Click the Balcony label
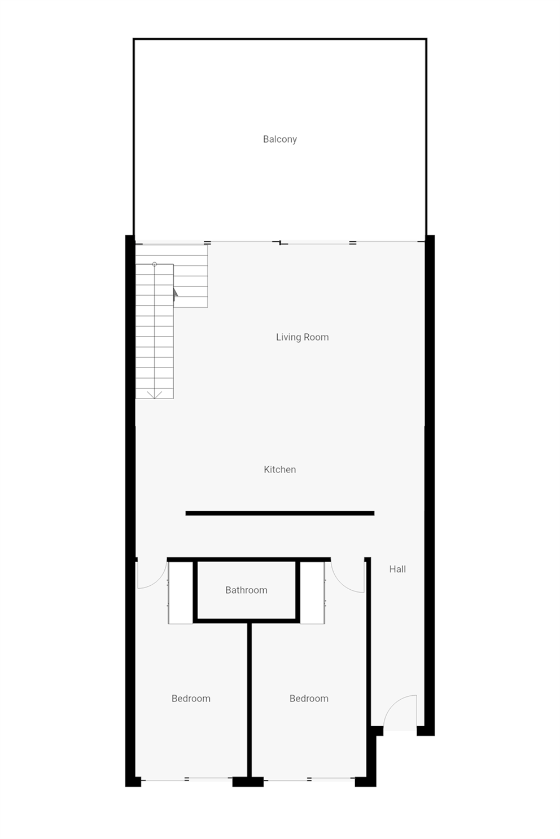pyautogui.click(x=279, y=139)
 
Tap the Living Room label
pyautogui.click(x=302, y=337)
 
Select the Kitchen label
pyautogui.click(x=279, y=469)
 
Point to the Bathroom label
pyautogui.click(x=246, y=590)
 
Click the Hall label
pyautogui.click(x=397, y=569)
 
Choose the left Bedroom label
pyautogui.click(x=191, y=698)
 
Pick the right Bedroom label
pyautogui.click(x=309, y=698)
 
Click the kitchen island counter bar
pyautogui.click(x=279, y=513)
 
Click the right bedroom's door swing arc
pyautogui.click(x=347, y=577)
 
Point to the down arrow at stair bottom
pyautogui.click(x=154, y=394)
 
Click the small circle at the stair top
pyautogui.click(x=154, y=264)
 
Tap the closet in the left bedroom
pyautogui.click(x=181, y=593)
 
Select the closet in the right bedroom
pyautogui.click(x=312, y=593)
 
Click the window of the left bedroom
pyautogui.click(x=186, y=779)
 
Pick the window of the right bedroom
pyautogui.click(x=309, y=779)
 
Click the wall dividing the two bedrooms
pyautogui.click(x=248, y=699)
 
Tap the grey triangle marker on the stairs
pyautogui.click(x=175, y=292)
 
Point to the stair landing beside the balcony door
pyautogui.click(x=190, y=276)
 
